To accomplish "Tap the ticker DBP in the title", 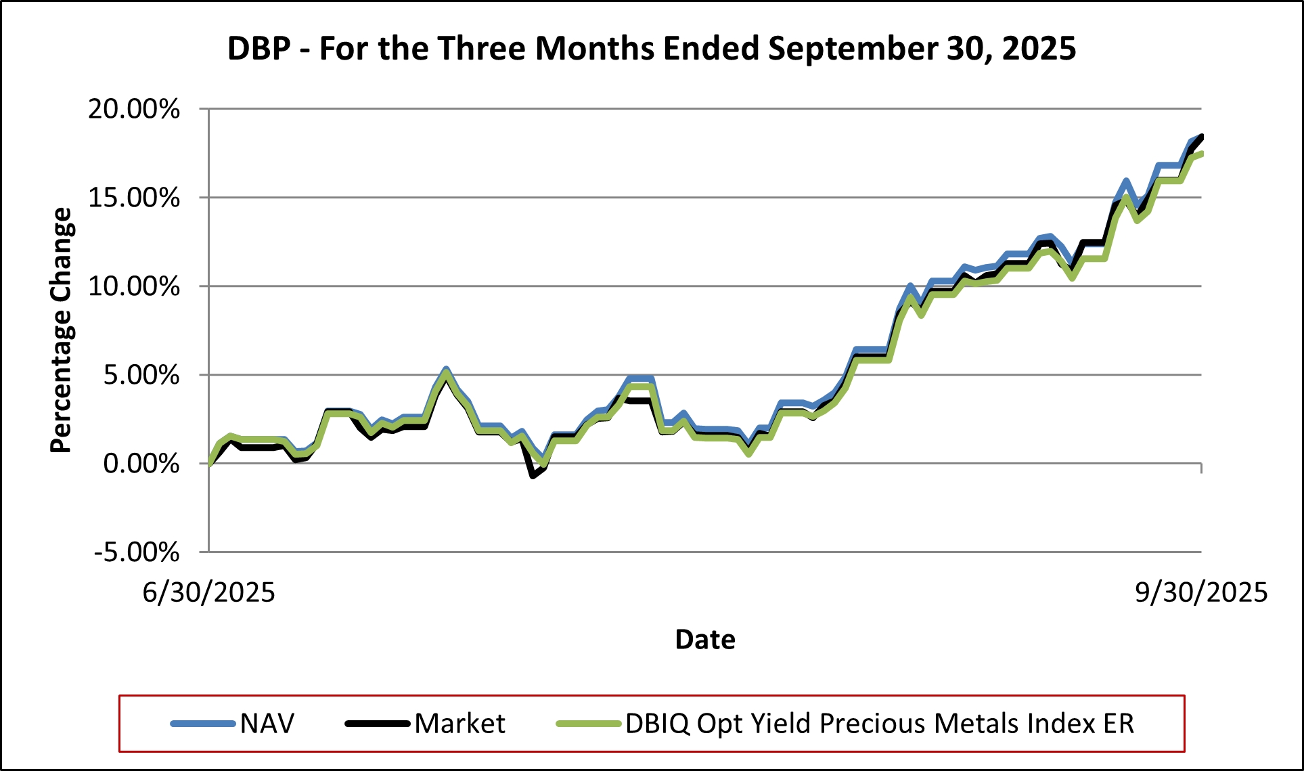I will point(259,49).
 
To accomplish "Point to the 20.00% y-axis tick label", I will point(134,109).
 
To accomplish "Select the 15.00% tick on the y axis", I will point(134,198).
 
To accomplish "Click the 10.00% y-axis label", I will point(134,286).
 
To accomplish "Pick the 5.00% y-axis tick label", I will point(141,375).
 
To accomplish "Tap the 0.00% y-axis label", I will point(141,464).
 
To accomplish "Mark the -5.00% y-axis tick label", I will point(137,552).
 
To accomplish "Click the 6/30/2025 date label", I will point(208,593).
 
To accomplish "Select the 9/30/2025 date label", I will point(1200,593).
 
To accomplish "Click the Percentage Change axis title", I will point(61,330).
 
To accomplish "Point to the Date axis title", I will point(704,640).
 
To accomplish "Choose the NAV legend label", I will point(267,724).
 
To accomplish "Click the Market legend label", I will point(459,724).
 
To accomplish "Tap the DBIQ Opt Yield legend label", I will point(879,724).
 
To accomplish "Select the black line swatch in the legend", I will point(378,724).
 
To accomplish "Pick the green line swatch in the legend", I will point(588,724).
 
